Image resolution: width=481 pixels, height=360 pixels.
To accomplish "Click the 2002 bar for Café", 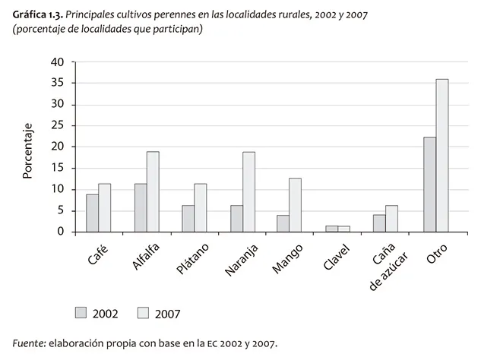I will pyautogui.click(x=92, y=213).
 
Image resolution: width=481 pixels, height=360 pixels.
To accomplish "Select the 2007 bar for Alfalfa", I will pyautogui.click(x=153, y=192).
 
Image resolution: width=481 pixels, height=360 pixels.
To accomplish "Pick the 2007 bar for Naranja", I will pyautogui.click(x=248, y=192).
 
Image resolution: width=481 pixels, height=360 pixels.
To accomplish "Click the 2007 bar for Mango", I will pyautogui.click(x=296, y=205).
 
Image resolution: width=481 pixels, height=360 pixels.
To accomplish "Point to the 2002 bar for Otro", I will pyautogui.click(x=430, y=185).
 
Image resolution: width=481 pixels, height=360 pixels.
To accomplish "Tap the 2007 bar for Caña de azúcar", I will pyautogui.click(x=392, y=219).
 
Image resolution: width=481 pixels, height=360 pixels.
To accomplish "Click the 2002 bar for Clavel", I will pyautogui.click(x=332, y=229).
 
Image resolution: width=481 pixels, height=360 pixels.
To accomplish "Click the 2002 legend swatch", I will pyautogui.click(x=81, y=312).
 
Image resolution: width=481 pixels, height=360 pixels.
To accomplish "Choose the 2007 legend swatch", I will pyautogui.click(x=143, y=312).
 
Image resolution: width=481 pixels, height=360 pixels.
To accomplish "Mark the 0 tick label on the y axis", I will pyautogui.click(x=62, y=232).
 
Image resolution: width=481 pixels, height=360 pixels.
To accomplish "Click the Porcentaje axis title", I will pyautogui.click(x=28, y=150).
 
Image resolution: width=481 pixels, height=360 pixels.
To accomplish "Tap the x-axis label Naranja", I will pyautogui.click(x=242, y=258).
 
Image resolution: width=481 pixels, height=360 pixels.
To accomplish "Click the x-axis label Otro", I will pyautogui.click(x=437, y=253).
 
